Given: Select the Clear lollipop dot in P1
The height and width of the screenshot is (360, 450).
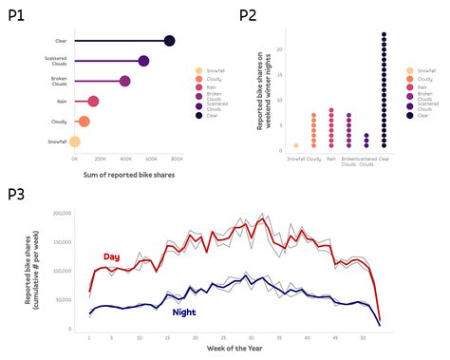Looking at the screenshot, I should tap(169, 41).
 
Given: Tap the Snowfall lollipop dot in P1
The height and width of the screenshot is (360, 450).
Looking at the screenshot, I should tap(75, 142).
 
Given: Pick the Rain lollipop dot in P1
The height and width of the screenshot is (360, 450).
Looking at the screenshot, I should tap(93, 102).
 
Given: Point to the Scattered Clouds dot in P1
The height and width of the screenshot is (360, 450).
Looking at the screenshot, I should tap(143, 61).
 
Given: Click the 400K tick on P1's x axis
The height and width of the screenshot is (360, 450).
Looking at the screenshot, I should tap(125, 159).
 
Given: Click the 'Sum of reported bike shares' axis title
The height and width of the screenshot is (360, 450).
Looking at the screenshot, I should tap(120, 174).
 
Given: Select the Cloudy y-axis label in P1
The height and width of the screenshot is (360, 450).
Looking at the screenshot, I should tap(56, 122).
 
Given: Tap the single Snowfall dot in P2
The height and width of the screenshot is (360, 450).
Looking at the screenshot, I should tap(296, 145).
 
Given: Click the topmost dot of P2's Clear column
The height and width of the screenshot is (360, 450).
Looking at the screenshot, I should tap(384, 35).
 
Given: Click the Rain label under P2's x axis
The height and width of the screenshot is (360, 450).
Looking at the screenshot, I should tap(331, 159).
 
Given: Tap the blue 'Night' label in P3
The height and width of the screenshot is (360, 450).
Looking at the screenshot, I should tap(185, 312).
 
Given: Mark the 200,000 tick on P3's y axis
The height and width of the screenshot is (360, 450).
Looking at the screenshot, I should tap(57, 214).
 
